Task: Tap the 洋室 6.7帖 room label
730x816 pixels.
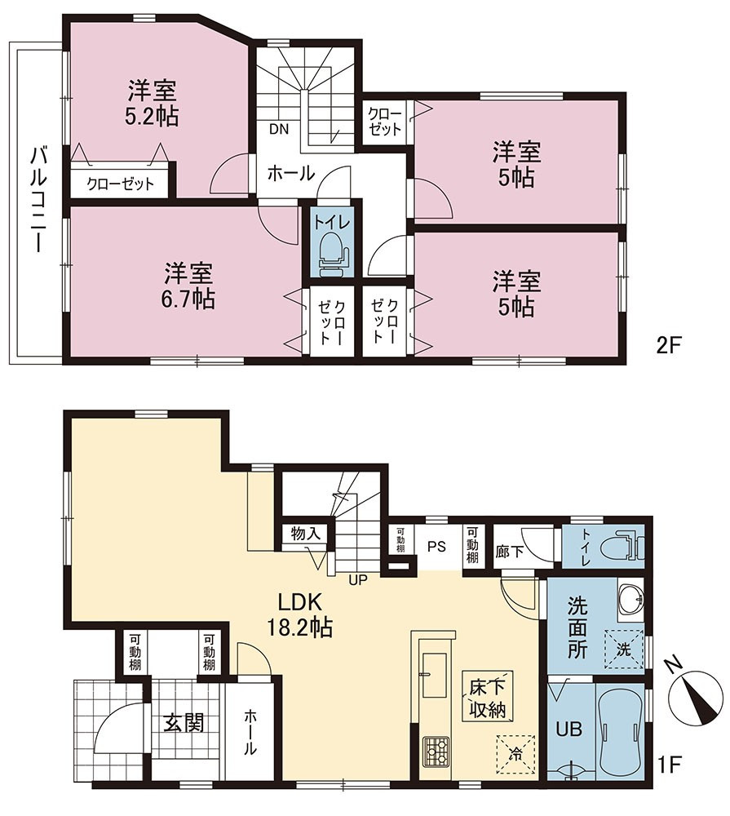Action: click(x=189, y=286)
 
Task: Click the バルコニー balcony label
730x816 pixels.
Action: click(x=38, y=200)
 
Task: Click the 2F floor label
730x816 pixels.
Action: click(x=669, y=345)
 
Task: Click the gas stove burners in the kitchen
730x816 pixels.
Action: click(x=434, y=751)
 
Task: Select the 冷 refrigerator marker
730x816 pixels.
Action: click(x=515, y=753)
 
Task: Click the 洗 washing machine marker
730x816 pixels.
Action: click(x=623, y=650)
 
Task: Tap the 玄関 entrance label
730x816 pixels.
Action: click(x=184, y=723)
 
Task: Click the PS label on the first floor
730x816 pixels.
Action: click(x=437, y=547)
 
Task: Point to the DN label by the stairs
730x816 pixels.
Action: click(x=279, y=130)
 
